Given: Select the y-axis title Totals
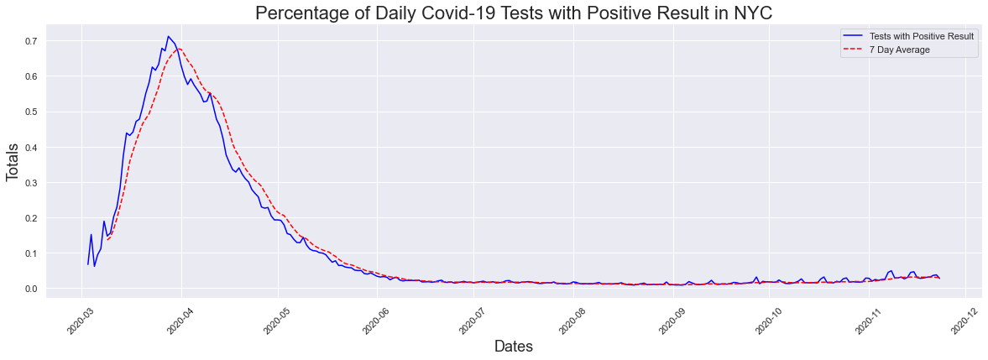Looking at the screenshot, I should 13,165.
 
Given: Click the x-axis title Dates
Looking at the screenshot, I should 513,346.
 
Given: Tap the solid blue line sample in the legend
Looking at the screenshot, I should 853,36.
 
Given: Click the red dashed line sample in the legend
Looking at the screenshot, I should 853,50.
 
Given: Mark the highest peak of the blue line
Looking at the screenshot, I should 168,36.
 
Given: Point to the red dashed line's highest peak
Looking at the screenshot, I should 179,49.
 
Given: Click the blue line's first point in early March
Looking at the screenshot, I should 88,264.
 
